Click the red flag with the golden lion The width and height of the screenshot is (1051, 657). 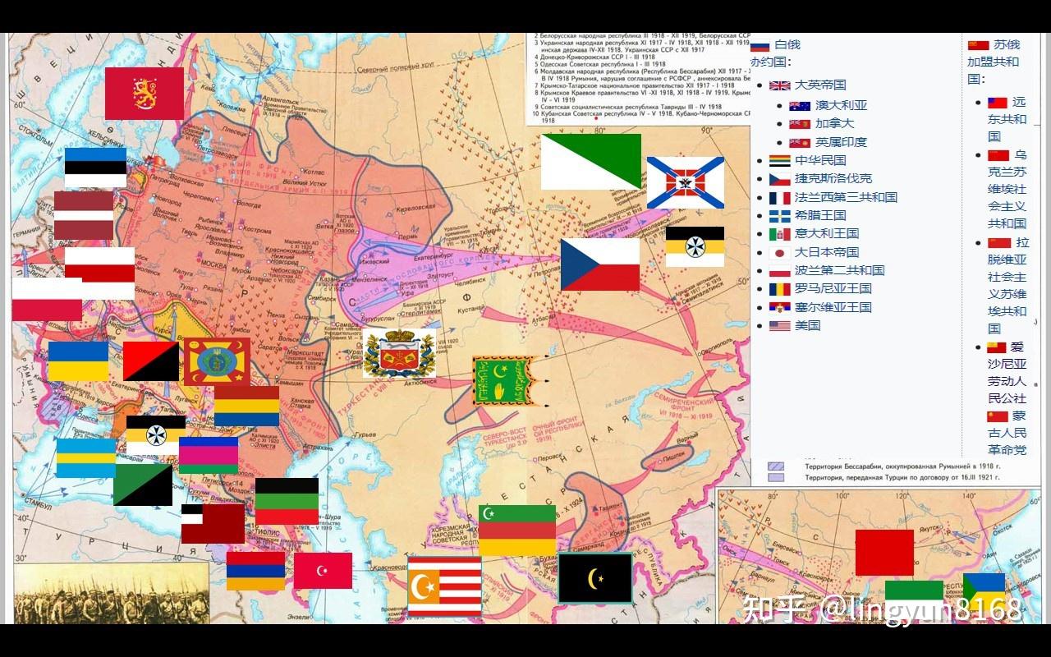144,94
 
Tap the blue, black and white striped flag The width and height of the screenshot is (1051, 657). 95,167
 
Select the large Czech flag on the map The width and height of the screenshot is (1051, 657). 599,264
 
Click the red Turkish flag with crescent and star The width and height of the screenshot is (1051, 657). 323,571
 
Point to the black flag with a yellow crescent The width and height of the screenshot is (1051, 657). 594,578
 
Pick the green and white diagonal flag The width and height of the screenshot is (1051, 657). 590,161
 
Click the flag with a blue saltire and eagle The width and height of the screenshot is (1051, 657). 685,182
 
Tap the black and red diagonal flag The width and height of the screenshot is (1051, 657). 151,361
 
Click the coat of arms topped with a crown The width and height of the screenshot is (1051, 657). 398,353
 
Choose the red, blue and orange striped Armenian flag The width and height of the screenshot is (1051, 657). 255,571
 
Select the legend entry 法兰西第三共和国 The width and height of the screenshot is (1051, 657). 845,197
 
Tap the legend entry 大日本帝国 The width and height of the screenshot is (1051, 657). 826,252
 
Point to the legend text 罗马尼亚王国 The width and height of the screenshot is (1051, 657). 833,288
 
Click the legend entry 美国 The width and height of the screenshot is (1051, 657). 807,325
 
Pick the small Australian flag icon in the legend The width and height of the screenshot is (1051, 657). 799,106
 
